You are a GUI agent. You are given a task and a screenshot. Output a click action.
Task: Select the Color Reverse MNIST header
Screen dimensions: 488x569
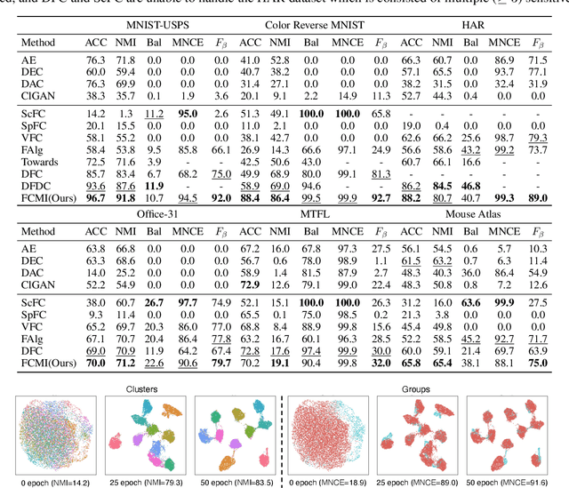point(312,21)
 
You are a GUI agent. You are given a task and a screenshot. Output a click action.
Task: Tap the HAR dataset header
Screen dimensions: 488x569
point(472,21)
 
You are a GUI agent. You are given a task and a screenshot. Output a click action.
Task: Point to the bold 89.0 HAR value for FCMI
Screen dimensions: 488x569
point(538,199)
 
